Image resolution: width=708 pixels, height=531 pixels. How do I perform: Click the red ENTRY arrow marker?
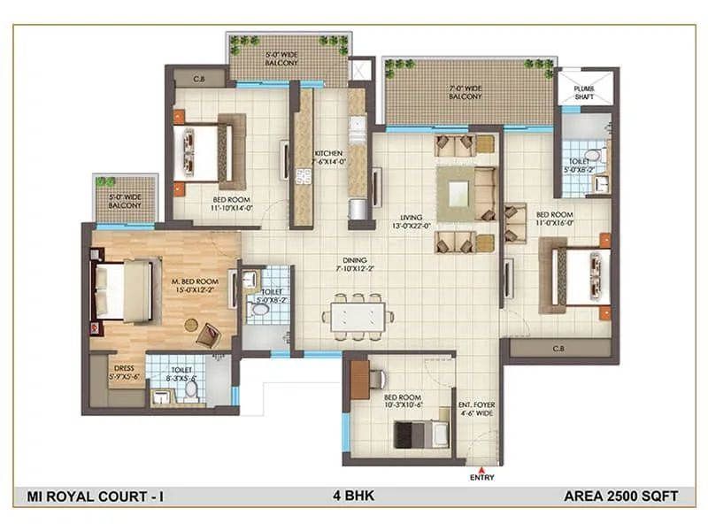[x=481, y=469]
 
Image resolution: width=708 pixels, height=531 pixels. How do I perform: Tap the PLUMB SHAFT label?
[x=584, y=92]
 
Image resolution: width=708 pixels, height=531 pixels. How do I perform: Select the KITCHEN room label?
[x=328, y=158]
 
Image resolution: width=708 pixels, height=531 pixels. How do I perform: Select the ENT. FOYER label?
[x=475, y=410]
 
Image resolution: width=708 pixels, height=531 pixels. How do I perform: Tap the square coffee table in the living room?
[x=460, y=191]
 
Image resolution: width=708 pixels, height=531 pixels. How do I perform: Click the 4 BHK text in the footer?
[x=353, y=496]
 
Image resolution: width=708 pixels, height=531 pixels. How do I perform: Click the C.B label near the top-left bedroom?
[x=188, y=75]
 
